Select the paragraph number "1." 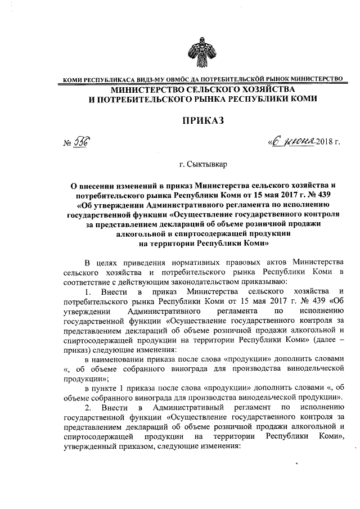(x=87, y=291)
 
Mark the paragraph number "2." (x=87, y=407)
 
